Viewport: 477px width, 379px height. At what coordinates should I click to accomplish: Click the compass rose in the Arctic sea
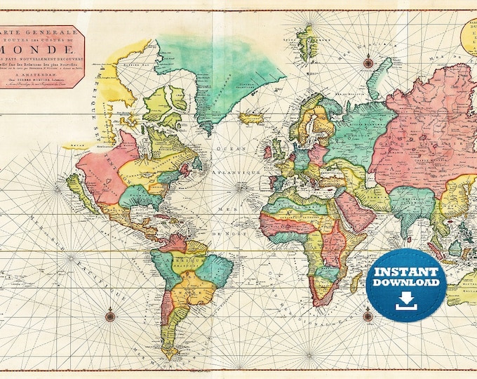click(x=368, y=62)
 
